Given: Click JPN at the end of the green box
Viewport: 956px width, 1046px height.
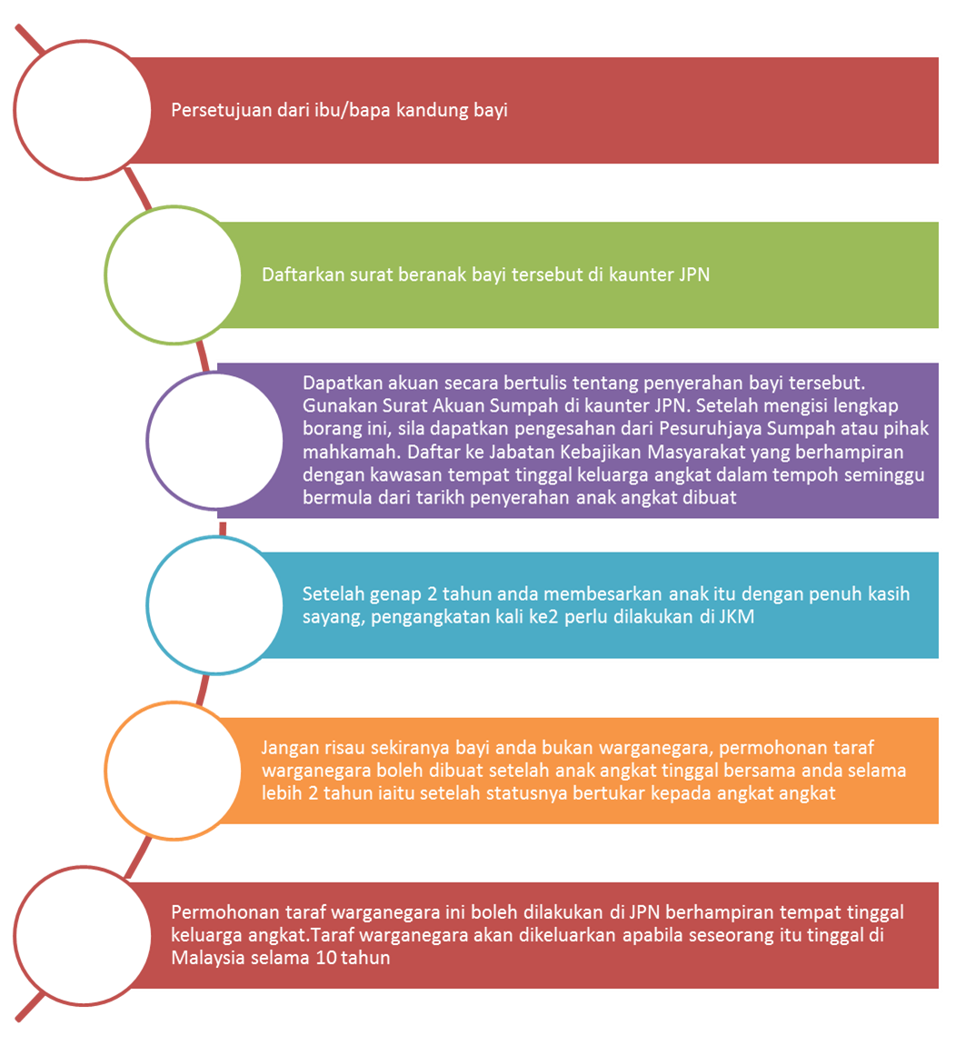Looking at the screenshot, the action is coord(693,274).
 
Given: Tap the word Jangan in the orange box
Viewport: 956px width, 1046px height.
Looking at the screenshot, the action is coord(289,748).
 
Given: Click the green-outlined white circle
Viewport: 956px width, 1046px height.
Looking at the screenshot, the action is coord(173,274).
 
